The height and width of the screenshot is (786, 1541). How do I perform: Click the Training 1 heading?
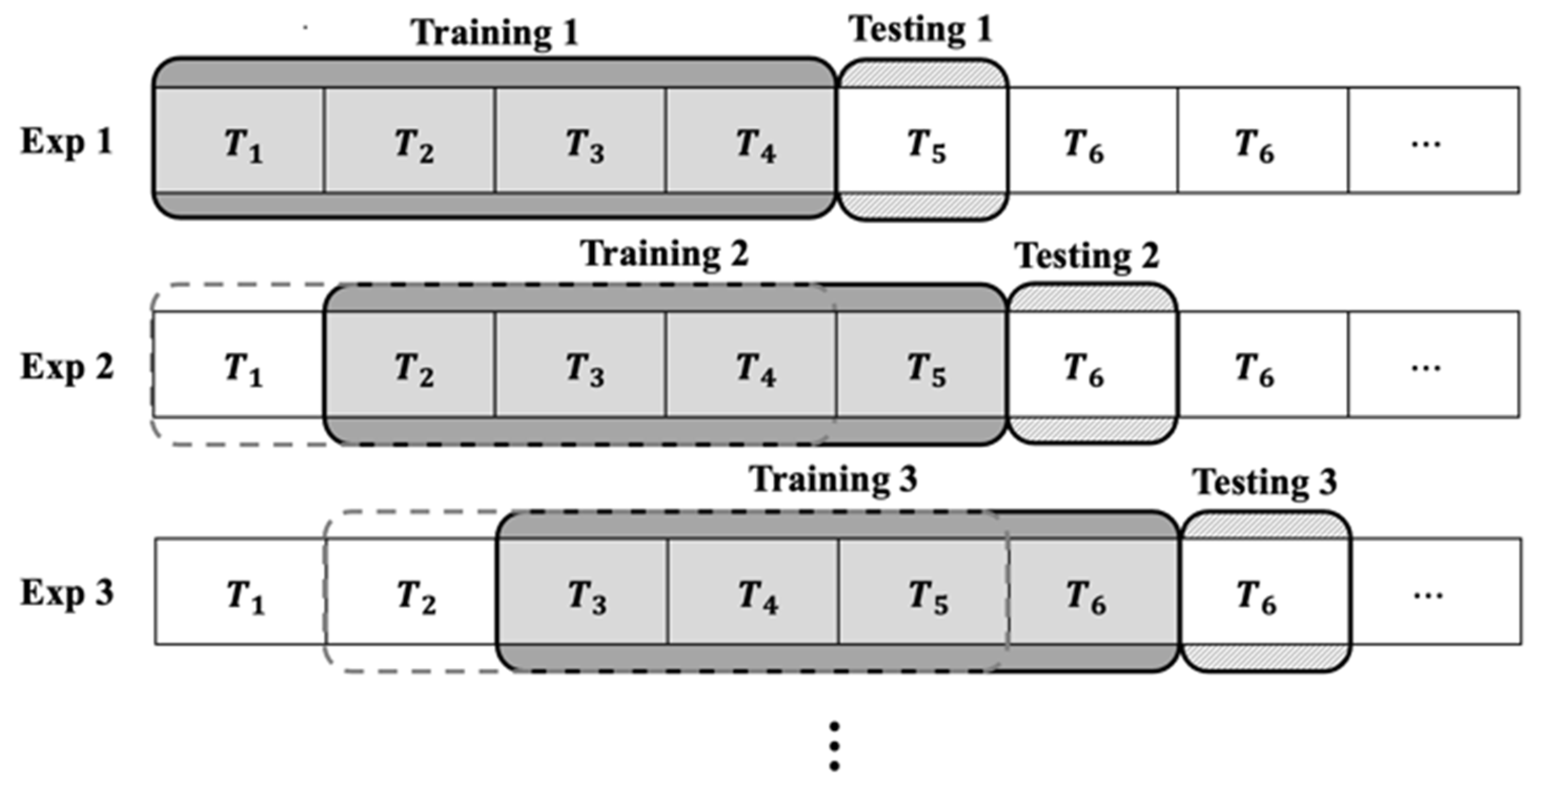coord(495,33)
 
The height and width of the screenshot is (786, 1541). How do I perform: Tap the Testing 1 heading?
coord(921,30)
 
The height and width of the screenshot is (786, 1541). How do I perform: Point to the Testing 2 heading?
coord(1087,257)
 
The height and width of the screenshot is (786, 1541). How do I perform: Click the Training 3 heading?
coord(833,480)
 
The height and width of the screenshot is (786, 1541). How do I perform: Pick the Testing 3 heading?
coord(1266,483)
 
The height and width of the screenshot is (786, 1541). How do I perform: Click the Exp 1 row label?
coord(67,143)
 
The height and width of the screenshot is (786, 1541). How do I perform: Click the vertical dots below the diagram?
coord(834,746)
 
